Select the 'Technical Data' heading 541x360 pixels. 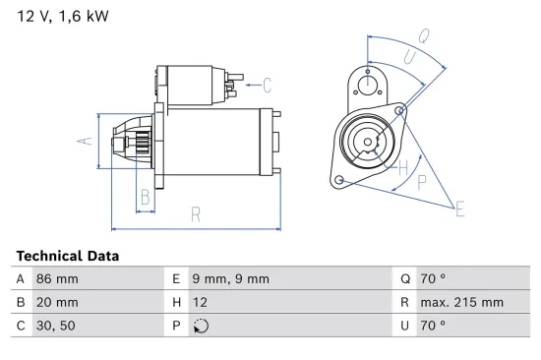point(68,256)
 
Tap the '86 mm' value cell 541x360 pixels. point(57,279)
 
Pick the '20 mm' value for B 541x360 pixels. point(57,303)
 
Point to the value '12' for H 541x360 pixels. point(202,303)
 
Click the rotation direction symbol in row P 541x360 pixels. point(203,327)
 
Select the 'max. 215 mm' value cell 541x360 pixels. point(463,303)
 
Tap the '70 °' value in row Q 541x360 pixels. point(436,279)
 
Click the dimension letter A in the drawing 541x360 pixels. point(86,142)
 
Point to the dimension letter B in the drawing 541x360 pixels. point(146,198)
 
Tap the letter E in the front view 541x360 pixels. point(458,207)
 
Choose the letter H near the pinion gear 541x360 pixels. point(402,167)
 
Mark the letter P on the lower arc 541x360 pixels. point(423,181)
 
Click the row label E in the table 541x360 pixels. point(178,279)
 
